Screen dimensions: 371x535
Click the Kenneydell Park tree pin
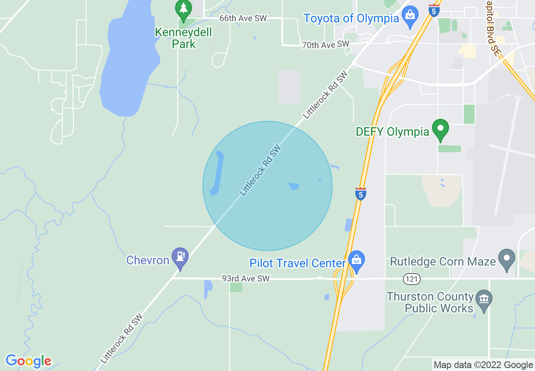(183, 9)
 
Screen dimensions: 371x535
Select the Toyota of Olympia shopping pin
(410, 16)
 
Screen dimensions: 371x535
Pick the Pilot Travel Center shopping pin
(357, 261)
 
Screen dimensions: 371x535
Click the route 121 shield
(411, 279)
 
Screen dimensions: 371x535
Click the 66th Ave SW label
(243, 19)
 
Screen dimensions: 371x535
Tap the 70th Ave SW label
(326, 44)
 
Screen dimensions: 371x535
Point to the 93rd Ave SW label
(246, 279)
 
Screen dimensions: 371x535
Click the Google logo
(28, 361)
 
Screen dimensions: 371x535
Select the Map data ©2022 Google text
(484, 365)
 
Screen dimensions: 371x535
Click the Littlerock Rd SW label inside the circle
(260, 170)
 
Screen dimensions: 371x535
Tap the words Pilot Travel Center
(297, 263)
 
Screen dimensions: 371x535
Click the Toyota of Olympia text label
(351, 19)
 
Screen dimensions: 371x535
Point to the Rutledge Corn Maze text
(443, 262)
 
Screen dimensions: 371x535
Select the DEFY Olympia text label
(392, 132)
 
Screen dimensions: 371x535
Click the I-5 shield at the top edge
(434, 10)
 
